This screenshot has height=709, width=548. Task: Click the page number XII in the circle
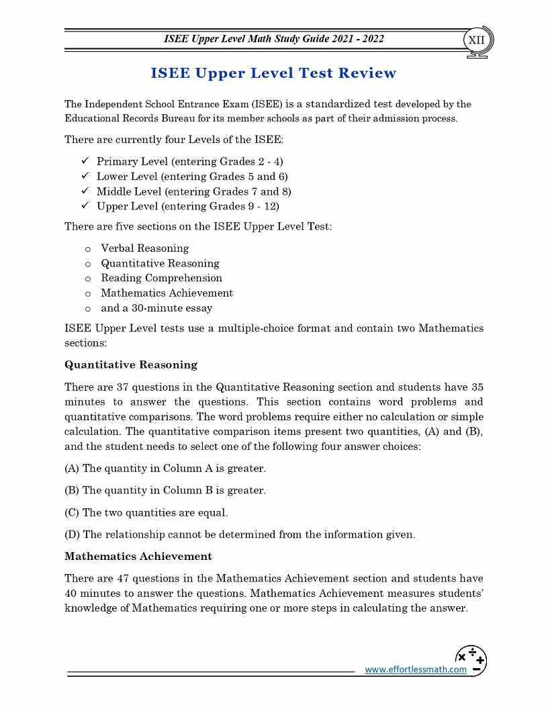tap(476, 40)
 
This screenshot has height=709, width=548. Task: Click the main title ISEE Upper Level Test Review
tap(274, 73)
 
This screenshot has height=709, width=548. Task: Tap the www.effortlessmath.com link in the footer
tap(415, 669)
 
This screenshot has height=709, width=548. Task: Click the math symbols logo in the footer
tap(471, 660)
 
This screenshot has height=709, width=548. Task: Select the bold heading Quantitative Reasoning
tap(131, 365)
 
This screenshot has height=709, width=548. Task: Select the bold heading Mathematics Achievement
tap(138, 557)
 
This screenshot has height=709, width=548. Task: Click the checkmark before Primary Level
tap(85, 161)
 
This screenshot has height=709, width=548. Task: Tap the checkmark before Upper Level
tap(85, 205)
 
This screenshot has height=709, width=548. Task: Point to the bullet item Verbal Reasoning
tap(144, 248)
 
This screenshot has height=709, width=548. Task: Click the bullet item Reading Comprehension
tap(161, 278)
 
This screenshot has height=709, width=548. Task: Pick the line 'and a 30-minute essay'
tap(156, 308)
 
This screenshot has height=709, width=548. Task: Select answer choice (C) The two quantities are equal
tap(146, 513)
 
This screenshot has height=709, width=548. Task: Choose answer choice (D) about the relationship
tap(240, 535)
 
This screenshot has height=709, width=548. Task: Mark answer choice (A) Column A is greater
tap(165, 469)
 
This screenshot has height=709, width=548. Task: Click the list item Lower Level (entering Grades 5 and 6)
tap(192, 176)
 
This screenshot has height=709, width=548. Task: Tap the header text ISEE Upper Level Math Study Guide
tap(274, 39)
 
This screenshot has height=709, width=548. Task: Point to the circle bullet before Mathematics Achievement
tap(88, 293)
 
